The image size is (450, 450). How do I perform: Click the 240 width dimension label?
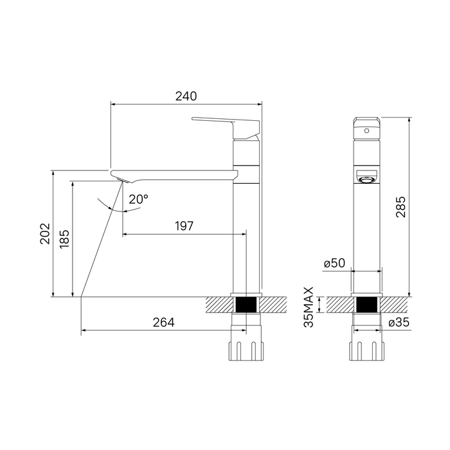click(186, 96)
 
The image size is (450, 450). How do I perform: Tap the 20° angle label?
click(138, 199)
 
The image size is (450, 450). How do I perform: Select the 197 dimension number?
click(184, 226)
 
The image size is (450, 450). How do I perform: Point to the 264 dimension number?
click(163, 323)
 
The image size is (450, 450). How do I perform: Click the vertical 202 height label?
click(45, 233)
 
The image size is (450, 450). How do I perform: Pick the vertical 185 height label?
click(64, 239)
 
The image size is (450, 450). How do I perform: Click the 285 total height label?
click(401, 207)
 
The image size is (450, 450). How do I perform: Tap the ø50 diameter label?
click(334, 263)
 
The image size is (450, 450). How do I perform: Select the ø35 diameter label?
click(399, 322)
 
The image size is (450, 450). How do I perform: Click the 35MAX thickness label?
click(309, 307)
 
